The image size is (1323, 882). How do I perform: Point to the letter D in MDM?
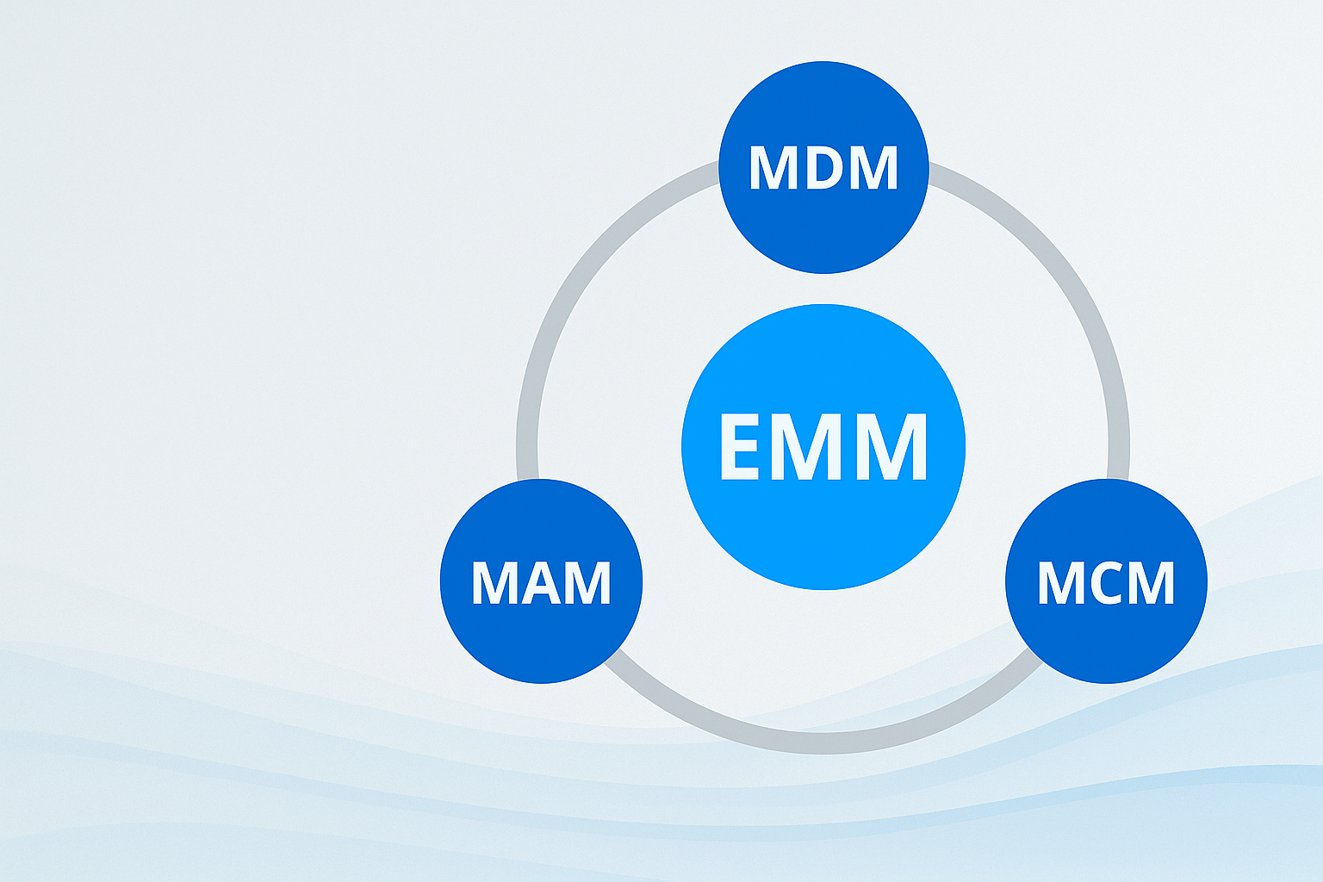coord(823,167)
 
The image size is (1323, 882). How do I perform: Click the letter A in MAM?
coord(542,583)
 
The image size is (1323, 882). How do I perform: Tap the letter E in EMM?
coord(739,446)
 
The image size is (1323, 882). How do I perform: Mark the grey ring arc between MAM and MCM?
coord(823,742)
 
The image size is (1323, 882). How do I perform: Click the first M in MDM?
coord(770,167)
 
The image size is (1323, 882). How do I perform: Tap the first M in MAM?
coord(492,583)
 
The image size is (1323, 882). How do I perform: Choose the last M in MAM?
coord(590,583)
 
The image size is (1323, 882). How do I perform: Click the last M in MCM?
coord(1153,583)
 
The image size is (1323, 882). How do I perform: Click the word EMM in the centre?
coord(823,446)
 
